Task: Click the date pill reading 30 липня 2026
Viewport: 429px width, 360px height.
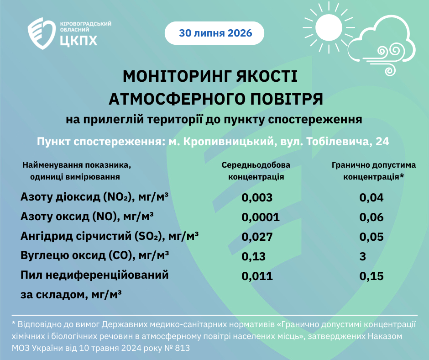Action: click(214, 33)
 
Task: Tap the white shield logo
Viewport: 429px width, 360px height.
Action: click(42, 33)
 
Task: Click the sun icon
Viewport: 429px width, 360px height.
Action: click(329, 28)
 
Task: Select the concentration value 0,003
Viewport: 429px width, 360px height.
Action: click(257, 197)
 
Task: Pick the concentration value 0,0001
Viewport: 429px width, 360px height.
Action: click(261, 217)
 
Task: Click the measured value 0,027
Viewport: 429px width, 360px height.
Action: click(257, 237)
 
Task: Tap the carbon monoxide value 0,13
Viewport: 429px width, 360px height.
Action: click(253, 256)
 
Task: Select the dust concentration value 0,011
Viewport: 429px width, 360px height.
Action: click(257, 276)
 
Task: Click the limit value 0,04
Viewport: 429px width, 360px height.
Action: click(371, 197)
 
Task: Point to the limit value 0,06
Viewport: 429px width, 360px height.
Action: click(371, 217)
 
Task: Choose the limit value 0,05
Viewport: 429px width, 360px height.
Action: click(371, 237)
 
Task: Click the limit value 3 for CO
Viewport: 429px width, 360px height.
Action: click(362, 256)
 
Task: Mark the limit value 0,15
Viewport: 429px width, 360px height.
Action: click(371, 276)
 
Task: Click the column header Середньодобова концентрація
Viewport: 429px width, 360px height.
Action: click(256, 171)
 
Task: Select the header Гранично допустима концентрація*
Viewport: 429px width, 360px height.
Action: click(374, 171)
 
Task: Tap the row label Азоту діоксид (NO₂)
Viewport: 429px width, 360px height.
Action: click(76, 197)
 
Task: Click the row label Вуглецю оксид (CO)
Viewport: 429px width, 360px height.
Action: click(76, 256)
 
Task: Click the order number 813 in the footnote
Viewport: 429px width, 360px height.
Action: click(182, 348)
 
